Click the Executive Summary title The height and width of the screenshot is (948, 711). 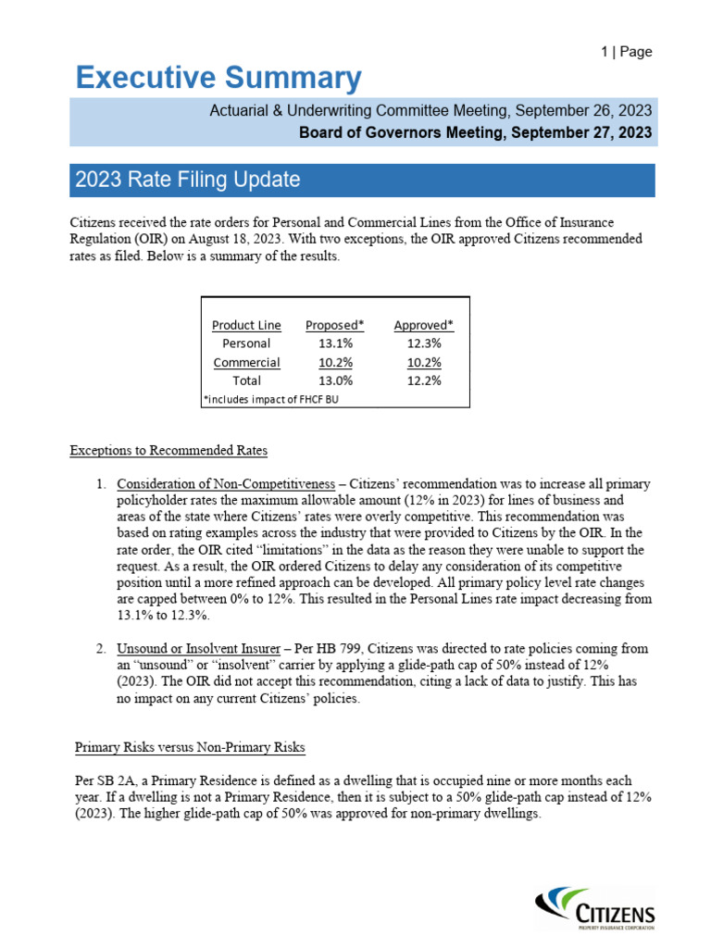218,79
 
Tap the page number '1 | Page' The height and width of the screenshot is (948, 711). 627,52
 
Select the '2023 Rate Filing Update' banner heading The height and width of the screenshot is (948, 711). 186,180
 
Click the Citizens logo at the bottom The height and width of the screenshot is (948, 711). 596,907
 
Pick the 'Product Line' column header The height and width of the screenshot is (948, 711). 246,325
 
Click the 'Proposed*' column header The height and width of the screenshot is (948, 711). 334,325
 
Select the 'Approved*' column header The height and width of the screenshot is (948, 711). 424,325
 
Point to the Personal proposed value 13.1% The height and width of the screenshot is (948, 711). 334,343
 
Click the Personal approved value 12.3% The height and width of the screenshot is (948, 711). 424,343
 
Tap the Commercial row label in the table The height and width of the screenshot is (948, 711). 246,362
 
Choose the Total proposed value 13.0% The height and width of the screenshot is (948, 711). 334,380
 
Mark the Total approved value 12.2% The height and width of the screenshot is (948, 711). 424,380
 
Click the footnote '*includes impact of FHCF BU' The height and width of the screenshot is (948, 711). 268,399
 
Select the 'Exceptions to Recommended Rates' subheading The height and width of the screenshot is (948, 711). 168,451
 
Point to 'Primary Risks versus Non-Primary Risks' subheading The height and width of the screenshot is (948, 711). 190,747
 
